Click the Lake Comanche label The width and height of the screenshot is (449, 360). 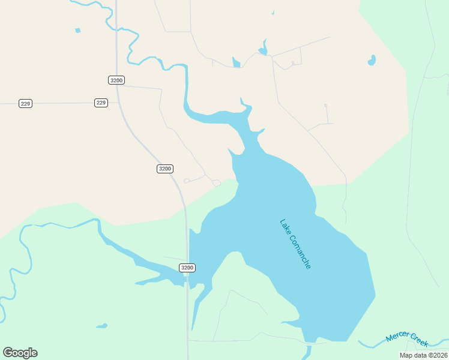tap(295, 244)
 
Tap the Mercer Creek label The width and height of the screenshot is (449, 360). tap(407, 339)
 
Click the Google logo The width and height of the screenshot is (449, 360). tap(20, 352)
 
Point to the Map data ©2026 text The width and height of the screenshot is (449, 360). tap(423, 355)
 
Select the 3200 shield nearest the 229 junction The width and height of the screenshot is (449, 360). tap(116, 80)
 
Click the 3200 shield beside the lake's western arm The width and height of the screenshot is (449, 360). tap(187, 268)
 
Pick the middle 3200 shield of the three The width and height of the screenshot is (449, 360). tap(165, 169)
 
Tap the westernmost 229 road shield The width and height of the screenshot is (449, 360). tap(25, 104)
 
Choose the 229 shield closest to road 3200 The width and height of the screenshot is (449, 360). tap(101, 103)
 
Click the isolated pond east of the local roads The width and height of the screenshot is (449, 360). tap(372, 60)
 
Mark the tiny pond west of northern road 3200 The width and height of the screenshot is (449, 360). tap(77, 30)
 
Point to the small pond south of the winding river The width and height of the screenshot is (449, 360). tap(102, 326)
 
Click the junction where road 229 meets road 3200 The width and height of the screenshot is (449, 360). tap(118, 103)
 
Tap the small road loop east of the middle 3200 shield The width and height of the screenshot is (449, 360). tap(187, 181)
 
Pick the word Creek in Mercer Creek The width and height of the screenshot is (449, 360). tap(420, 343)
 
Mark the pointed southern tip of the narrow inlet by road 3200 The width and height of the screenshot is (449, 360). tap(193, 328)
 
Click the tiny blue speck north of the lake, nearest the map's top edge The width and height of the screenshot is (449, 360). tap(273, 13)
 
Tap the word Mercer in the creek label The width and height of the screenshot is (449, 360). tap(397, 336)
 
